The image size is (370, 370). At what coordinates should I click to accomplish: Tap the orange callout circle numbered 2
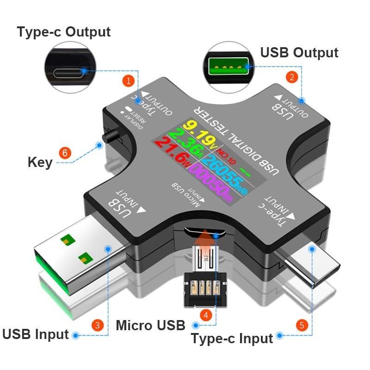coord(291,77)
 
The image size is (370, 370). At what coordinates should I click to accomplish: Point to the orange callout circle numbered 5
coord(302,325)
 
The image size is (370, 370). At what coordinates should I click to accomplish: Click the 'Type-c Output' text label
coord(64,32)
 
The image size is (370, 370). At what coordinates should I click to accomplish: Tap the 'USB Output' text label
coord(299,52)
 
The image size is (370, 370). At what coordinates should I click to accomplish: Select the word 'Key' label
coord(40,162)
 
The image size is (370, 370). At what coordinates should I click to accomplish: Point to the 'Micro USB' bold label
coord(151,325)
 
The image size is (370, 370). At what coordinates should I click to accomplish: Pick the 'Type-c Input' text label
coord(232,339)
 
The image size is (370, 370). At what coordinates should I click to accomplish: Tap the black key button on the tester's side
coord(111,137)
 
